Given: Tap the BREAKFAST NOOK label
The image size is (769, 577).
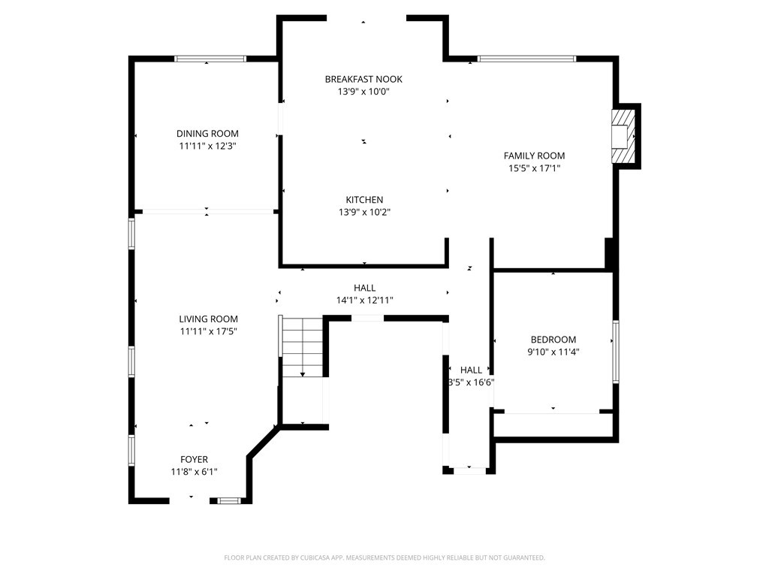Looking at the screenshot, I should click(x=363, y=79).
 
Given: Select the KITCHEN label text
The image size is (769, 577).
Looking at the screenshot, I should click(x=364, y=200).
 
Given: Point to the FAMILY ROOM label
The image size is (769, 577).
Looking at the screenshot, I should click(x=534, y=156).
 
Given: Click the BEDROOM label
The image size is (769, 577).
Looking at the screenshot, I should click(x=553, y=340).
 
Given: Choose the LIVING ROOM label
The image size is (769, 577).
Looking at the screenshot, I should click(x=208, y=319).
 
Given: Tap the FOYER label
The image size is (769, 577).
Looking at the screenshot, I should click(x=194, y=459).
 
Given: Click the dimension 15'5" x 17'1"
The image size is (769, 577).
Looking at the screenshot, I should click(x=534, y=168).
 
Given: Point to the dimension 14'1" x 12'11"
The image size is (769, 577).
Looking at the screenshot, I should click(x=364, y=301).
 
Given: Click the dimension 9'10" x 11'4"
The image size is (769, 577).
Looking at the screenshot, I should click(x=553, y=352).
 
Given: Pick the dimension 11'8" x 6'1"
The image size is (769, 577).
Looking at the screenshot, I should click(x=194, y=472).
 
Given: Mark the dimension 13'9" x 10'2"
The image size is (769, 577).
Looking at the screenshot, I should click(x=364, y=212).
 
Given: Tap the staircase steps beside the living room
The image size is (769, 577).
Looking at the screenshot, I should click(x=303, y=346).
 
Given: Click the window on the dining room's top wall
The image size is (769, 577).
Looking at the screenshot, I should click(x=210, y=58).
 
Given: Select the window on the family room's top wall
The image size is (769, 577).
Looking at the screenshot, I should click(x=526, y=58).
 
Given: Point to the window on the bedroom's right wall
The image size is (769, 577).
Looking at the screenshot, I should click(x=616, y=352).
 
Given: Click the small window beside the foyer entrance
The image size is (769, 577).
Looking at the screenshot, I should click(x=229, y=500).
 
